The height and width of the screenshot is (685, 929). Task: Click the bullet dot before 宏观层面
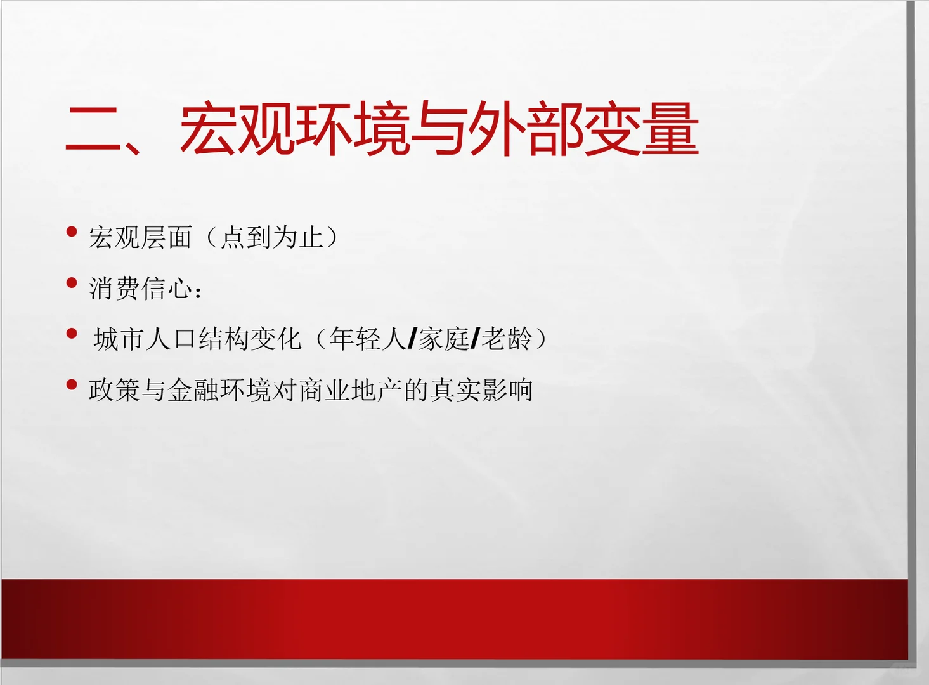click(x=72, y=232)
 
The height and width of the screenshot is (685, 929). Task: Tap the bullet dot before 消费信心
click(x=72, y=283)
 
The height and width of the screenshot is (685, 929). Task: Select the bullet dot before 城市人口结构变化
click(x=72, y=334)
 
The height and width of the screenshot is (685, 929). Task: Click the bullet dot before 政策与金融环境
click(x=72, y=384)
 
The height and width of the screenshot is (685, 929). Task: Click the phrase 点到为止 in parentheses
click(x=273, y=238)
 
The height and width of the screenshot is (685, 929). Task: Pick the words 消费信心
click(x=141, y=289)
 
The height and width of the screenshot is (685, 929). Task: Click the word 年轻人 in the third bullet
click(x=368, y=339)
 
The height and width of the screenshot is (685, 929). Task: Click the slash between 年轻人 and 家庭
click(x=412, y=339)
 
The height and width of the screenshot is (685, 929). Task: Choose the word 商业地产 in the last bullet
click(x=351, y=390)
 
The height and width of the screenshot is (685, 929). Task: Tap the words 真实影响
click(x=481, y=390)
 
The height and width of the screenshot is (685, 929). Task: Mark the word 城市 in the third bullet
click(x=120, y=339)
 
